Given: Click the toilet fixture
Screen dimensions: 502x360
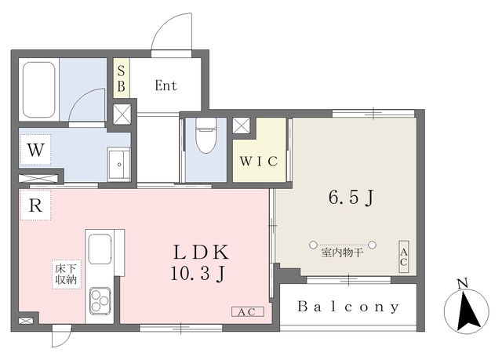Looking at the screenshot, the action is tap(206, 134).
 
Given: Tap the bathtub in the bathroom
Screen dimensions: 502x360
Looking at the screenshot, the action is tap(39, 89).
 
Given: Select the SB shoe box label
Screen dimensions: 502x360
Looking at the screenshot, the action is tap(121, 78).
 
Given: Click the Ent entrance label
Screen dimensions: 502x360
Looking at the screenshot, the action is tap(166, 85).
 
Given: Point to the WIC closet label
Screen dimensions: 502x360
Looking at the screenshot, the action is tap(259, 161).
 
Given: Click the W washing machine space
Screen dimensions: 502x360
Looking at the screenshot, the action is tap(35, 150).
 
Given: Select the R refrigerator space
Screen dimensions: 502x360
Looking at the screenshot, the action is tap(35, 205).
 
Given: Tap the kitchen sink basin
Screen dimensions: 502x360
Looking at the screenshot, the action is tap(100, 249).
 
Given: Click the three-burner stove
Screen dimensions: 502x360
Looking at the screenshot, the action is tap(100, 300).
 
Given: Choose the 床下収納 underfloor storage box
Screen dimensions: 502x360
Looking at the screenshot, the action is tap(67, 275).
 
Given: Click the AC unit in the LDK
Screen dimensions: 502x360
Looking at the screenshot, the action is tap(248, 311).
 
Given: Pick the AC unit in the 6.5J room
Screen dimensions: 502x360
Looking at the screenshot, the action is tap(404, 256).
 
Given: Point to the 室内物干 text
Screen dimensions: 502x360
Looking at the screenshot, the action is tap(342, 253).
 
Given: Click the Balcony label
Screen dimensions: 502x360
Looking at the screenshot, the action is tap(348, 307).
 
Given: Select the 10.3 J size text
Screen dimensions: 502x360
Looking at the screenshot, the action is tap(197, 274).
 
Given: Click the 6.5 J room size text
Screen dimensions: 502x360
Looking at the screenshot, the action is tap(351, 198).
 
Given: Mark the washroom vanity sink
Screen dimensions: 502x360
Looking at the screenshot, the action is tap(118, 164).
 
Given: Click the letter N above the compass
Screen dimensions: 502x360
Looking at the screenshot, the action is tap(462, 283).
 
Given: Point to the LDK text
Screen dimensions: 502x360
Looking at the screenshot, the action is tap(201, 252).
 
